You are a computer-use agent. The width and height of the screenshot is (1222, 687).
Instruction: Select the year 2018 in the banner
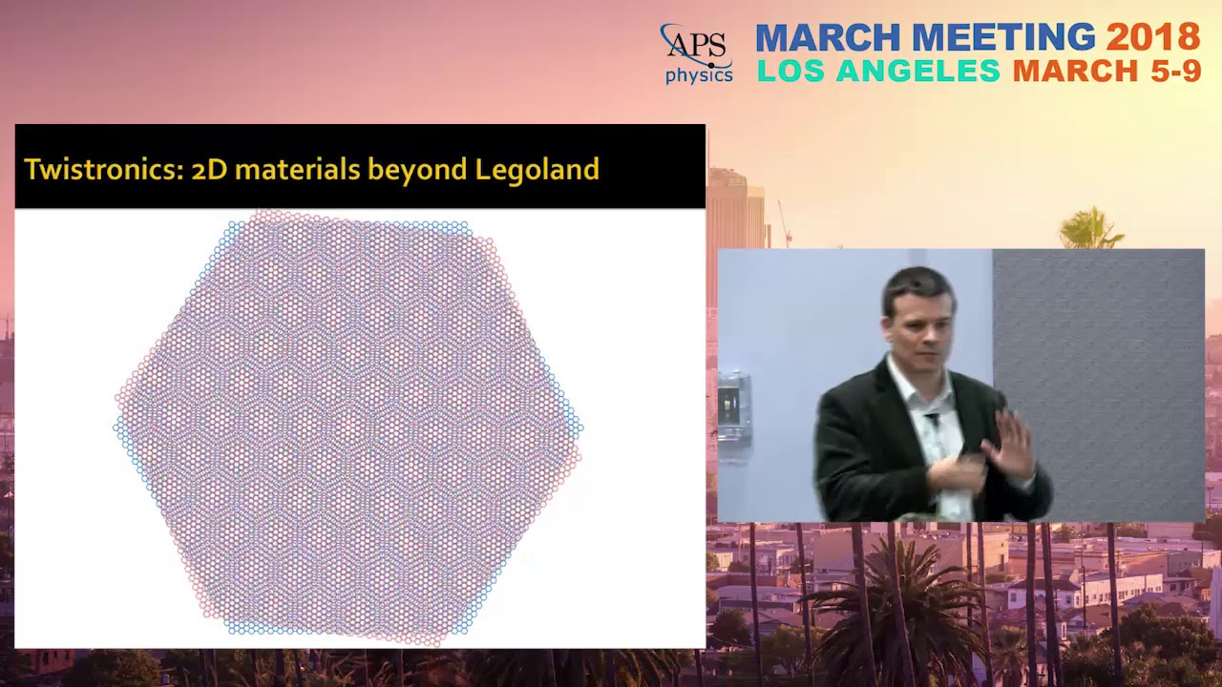[x=1152, y=37]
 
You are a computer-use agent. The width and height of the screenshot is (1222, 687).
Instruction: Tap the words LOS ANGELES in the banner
[x=878, y=71]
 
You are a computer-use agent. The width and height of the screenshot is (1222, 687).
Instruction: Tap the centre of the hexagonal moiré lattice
[x=348, y=427]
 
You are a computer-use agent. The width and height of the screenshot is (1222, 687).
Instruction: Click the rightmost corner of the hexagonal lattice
[x=580, y=428]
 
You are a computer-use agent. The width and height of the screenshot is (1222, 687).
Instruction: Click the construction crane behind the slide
[x=784, y=224]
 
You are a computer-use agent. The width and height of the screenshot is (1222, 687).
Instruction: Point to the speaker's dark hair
[x=916, y=284]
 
